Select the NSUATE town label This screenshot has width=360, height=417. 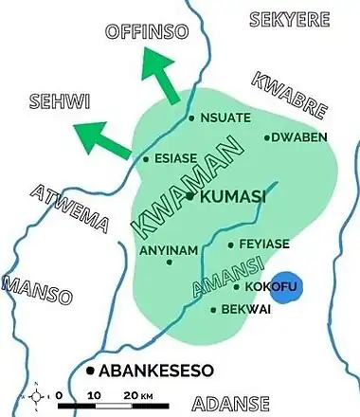[x=228, y=118]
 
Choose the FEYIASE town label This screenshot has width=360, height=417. [x=264, y=244]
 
